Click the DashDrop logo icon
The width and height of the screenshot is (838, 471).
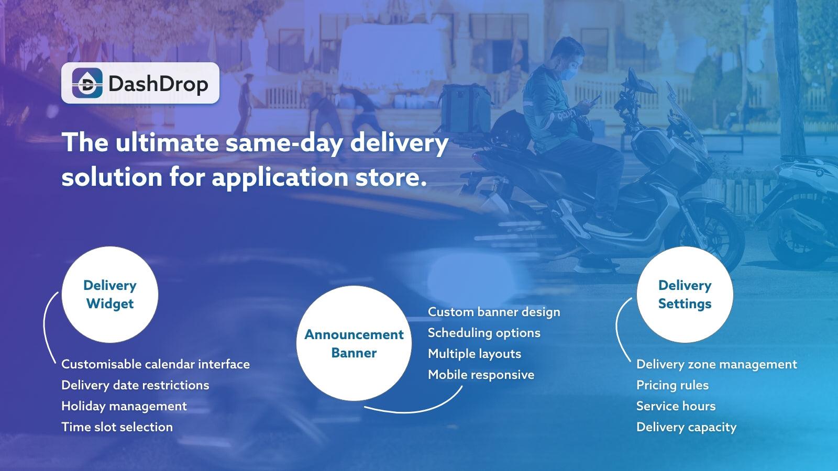(x=87, y=83)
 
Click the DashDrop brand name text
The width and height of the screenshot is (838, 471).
(x=158, y=84)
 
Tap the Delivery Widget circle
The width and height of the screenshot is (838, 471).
(x=110, y=295)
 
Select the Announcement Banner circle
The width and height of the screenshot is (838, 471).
(x=354, y=343)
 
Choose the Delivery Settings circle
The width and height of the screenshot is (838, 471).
(x=685, y=295)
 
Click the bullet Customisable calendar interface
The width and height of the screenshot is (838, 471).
(x=156, y=364)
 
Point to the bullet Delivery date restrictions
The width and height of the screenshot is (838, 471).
(x=135, y=385)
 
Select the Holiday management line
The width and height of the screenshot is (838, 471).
(x=124, y=406)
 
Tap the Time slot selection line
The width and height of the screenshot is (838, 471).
(x=117, y=427)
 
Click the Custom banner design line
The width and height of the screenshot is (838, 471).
(x=494, y=312)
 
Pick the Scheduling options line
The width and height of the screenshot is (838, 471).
(x=484, y=333)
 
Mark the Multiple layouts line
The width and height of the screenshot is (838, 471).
(x=475, y=354)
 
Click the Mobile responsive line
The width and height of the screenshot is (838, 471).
(x=481, y=375)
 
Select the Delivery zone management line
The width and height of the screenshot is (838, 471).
(x=716, y=364)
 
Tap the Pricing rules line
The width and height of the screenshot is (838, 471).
(x=672, y=385)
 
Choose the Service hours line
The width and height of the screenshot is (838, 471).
(x=676, y=406)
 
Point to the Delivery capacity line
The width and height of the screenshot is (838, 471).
(x=686, y=427)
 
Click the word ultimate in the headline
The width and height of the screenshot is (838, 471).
(x=167, y=142)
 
